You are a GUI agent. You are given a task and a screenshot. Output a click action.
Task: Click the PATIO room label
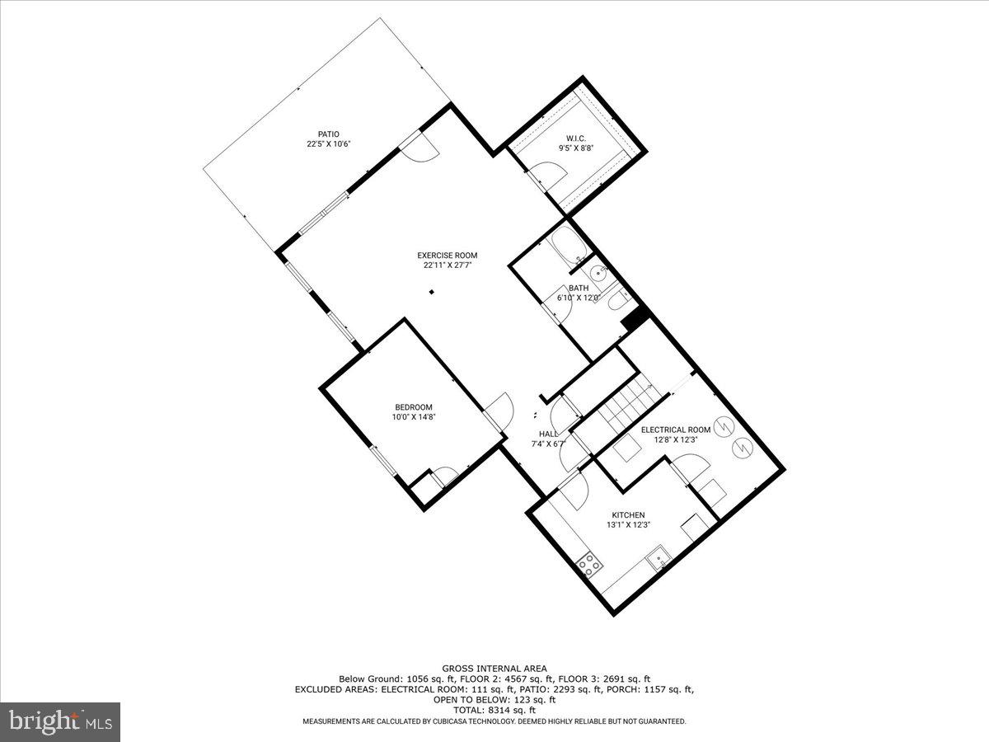tap(329, 134)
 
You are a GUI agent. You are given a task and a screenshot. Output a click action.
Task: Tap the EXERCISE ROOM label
tap(447, 256)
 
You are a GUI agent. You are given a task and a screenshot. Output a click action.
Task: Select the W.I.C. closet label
tap(575, 139)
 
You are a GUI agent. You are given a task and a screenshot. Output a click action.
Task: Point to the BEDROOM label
tap(413, 407)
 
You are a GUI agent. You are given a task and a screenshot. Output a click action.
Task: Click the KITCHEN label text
tap(628, 515)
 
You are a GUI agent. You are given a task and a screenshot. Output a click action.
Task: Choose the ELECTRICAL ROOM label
tap(676, 430)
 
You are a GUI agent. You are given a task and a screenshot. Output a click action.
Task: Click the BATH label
tap(578, 288)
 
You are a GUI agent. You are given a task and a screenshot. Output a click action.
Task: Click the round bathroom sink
tap(598, 272)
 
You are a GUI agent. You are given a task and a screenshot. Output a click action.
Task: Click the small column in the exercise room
tap(431, 292)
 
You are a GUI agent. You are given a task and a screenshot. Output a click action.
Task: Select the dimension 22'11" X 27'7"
tap(447, 265)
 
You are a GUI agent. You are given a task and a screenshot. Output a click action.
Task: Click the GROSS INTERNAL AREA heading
tap(494, 669)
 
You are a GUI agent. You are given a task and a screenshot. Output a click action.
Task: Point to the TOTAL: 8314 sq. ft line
tap(494, 710)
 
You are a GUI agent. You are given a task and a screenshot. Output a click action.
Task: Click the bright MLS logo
tap(60, 721)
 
